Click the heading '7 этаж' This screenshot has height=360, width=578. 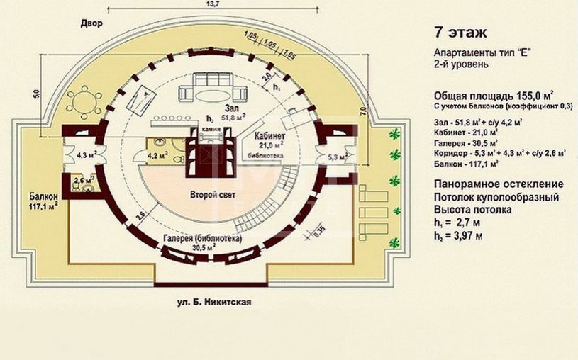click(x=460, y=33)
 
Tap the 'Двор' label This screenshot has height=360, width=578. click(x=91, y=23)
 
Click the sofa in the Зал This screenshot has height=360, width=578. click(x=213, y=93)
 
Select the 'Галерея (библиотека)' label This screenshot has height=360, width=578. click(x=202, y=240)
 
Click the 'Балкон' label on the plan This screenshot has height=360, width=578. click(x=43, y=195)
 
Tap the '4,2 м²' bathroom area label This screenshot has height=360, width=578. click(x=157, y=151)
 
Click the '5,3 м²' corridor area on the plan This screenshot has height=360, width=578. click(x=338, y=156)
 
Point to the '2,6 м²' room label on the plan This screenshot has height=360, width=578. click(x=84, y=181)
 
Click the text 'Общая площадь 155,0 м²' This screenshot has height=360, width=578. click(x=493, y=96)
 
